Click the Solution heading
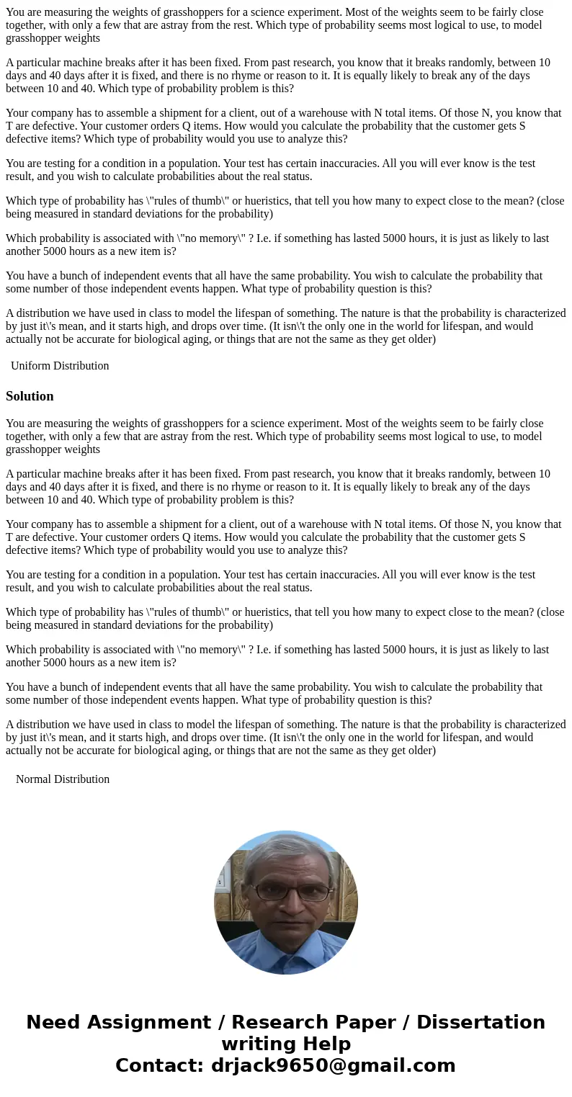point(30,396)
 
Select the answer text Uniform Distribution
point(60,366)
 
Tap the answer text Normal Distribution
point(63,779)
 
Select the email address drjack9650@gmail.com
point(333,1066)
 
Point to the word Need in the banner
point(52,1023)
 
